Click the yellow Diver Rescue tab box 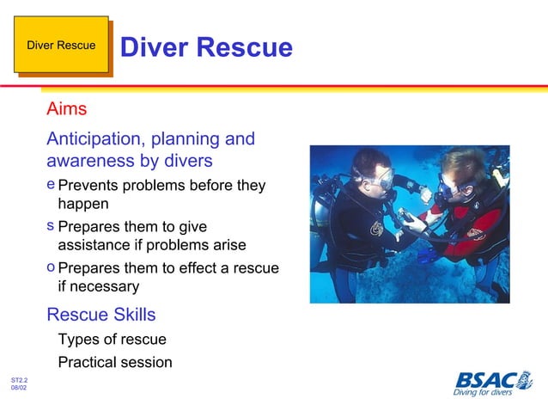61,45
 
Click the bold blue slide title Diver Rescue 206,47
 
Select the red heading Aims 66,110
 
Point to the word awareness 88,161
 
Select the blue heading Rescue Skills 100,314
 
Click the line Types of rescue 112,340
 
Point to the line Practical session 114,362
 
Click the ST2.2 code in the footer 19,379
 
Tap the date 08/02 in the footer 19,389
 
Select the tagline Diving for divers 483,393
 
